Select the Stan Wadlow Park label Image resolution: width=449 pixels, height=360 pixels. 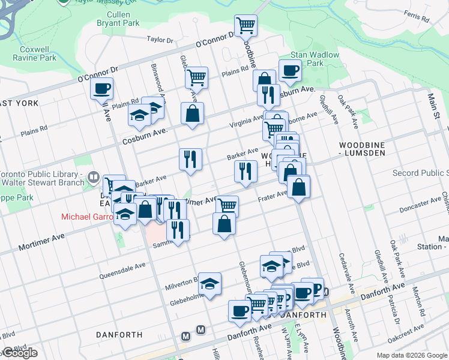pos(315,59)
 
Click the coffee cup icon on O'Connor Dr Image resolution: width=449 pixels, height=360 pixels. pos(101,89)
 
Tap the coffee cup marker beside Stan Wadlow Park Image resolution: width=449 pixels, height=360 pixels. pos(290,71)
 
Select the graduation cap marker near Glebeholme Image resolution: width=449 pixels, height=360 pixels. pos(210,283)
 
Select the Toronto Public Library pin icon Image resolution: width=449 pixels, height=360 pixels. pos(93,177)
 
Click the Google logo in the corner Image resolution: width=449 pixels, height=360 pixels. pos(20,353)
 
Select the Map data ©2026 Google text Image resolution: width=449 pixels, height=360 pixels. pos(411,355)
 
